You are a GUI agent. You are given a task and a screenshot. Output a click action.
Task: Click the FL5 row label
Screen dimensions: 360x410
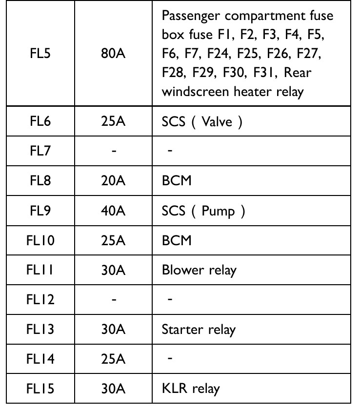point(40,53)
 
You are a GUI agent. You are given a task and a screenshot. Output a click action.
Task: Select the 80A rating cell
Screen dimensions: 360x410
point(113,53)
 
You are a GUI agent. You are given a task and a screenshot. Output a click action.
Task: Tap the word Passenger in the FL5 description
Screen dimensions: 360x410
point(191,16)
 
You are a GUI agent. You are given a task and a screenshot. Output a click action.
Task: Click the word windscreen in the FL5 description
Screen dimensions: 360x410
point(195,92)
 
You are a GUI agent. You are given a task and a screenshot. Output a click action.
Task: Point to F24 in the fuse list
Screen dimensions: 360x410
point(219,53)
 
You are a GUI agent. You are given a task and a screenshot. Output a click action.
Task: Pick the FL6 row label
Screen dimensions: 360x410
point(40,121)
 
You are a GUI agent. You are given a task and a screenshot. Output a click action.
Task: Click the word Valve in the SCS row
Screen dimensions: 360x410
point(217,121)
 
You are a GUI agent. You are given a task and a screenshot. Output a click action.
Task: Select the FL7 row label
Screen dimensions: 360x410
point(40,151)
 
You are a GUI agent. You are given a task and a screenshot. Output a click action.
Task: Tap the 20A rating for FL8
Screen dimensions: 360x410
point(113,181)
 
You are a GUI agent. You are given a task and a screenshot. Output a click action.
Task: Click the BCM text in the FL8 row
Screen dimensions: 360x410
point(177,181)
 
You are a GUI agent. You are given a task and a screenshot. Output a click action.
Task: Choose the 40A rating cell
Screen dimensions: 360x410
point(113,211)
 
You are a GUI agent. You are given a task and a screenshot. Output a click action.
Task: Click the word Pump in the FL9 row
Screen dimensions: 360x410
point(218,211)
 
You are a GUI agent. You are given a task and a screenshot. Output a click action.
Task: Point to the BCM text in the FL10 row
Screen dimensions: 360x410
point(177,240)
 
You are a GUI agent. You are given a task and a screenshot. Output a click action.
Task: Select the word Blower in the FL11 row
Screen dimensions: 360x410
point(183,270)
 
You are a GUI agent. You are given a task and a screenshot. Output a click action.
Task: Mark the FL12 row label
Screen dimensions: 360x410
point(40,299)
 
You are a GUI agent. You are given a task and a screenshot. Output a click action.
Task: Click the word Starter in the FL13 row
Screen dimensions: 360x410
point(182,329)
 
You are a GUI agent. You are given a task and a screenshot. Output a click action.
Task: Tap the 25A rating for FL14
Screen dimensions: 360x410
point(113,359)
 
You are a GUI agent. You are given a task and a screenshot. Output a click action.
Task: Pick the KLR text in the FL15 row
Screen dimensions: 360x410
point(175,388)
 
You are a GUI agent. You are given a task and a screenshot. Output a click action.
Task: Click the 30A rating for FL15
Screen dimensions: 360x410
point(113,388)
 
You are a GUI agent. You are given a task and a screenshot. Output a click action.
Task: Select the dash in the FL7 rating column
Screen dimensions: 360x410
point(114,151)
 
